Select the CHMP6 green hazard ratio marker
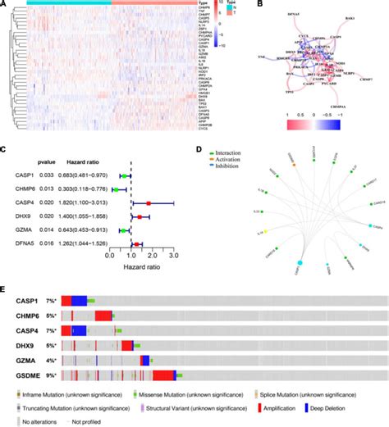pos(116,189)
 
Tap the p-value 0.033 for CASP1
pos(51,175)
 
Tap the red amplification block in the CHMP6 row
pos(103,316)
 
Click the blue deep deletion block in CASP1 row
pos(80,301)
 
